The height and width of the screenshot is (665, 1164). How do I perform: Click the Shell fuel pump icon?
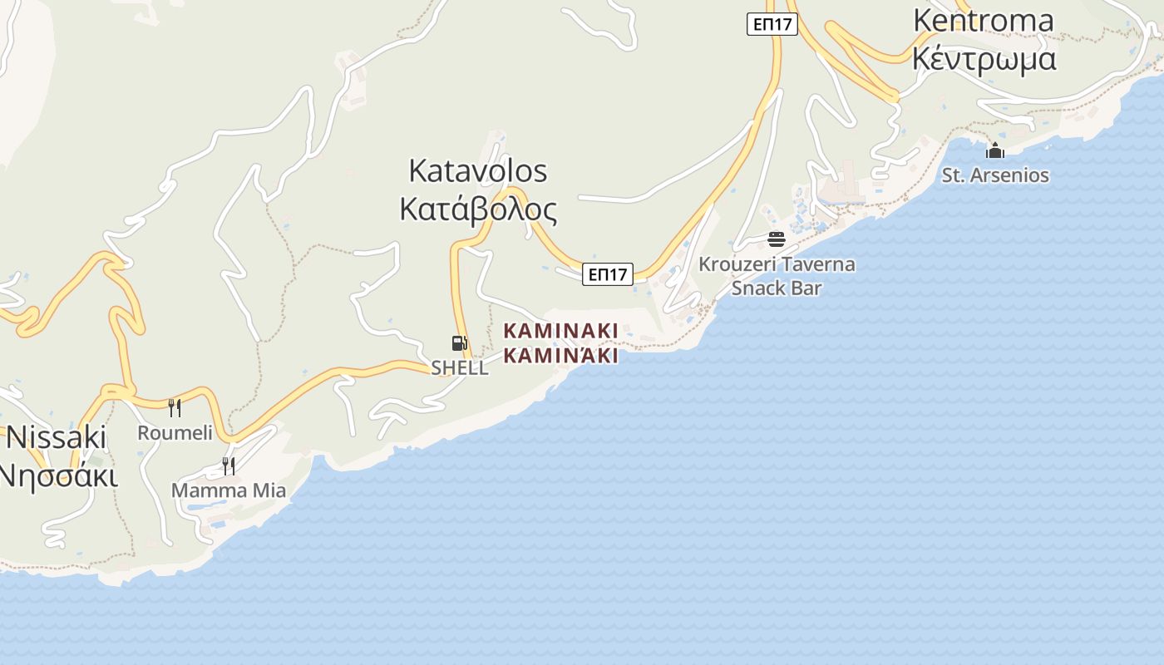point(458,342)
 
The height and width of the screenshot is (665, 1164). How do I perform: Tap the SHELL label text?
point(460,367)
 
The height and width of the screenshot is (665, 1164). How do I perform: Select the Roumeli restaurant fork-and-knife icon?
point(175,407)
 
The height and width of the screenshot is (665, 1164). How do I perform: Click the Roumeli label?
point(175,432)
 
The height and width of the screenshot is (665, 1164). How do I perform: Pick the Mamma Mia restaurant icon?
point(228,465)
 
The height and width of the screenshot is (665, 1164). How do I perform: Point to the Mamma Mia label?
point(229,490)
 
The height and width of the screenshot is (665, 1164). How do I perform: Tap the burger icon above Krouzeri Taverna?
point(777,240)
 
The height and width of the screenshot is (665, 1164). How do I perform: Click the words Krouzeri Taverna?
point(777,264)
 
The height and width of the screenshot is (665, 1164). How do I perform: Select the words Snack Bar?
point(777,288)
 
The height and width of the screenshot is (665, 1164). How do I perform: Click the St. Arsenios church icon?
point(995,150)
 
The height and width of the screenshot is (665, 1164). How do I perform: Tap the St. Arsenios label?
point(995,175)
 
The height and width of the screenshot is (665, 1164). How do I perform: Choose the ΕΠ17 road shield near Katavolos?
point(608,274)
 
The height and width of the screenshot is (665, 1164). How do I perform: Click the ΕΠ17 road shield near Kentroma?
point(772,24)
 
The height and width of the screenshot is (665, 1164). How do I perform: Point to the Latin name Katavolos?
point(478,170)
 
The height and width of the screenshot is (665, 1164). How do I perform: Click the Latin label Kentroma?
point(984,20)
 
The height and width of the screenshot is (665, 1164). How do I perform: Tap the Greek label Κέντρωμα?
point(984,59)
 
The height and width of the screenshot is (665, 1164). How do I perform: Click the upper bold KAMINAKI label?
point(561,331)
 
